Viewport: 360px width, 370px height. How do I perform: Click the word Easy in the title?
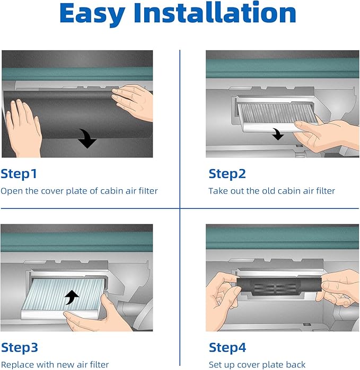92,14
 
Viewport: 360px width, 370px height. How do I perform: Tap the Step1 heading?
19,174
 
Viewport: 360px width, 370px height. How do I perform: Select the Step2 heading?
227,174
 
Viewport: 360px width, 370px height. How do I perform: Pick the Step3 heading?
20,348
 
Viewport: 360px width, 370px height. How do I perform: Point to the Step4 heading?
227,348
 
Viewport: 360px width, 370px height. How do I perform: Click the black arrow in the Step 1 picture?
87,139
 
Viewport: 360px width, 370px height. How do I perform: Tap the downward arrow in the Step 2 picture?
278,134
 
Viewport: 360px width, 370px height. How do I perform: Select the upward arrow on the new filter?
72,297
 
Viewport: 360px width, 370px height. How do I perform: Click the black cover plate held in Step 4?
279,286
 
